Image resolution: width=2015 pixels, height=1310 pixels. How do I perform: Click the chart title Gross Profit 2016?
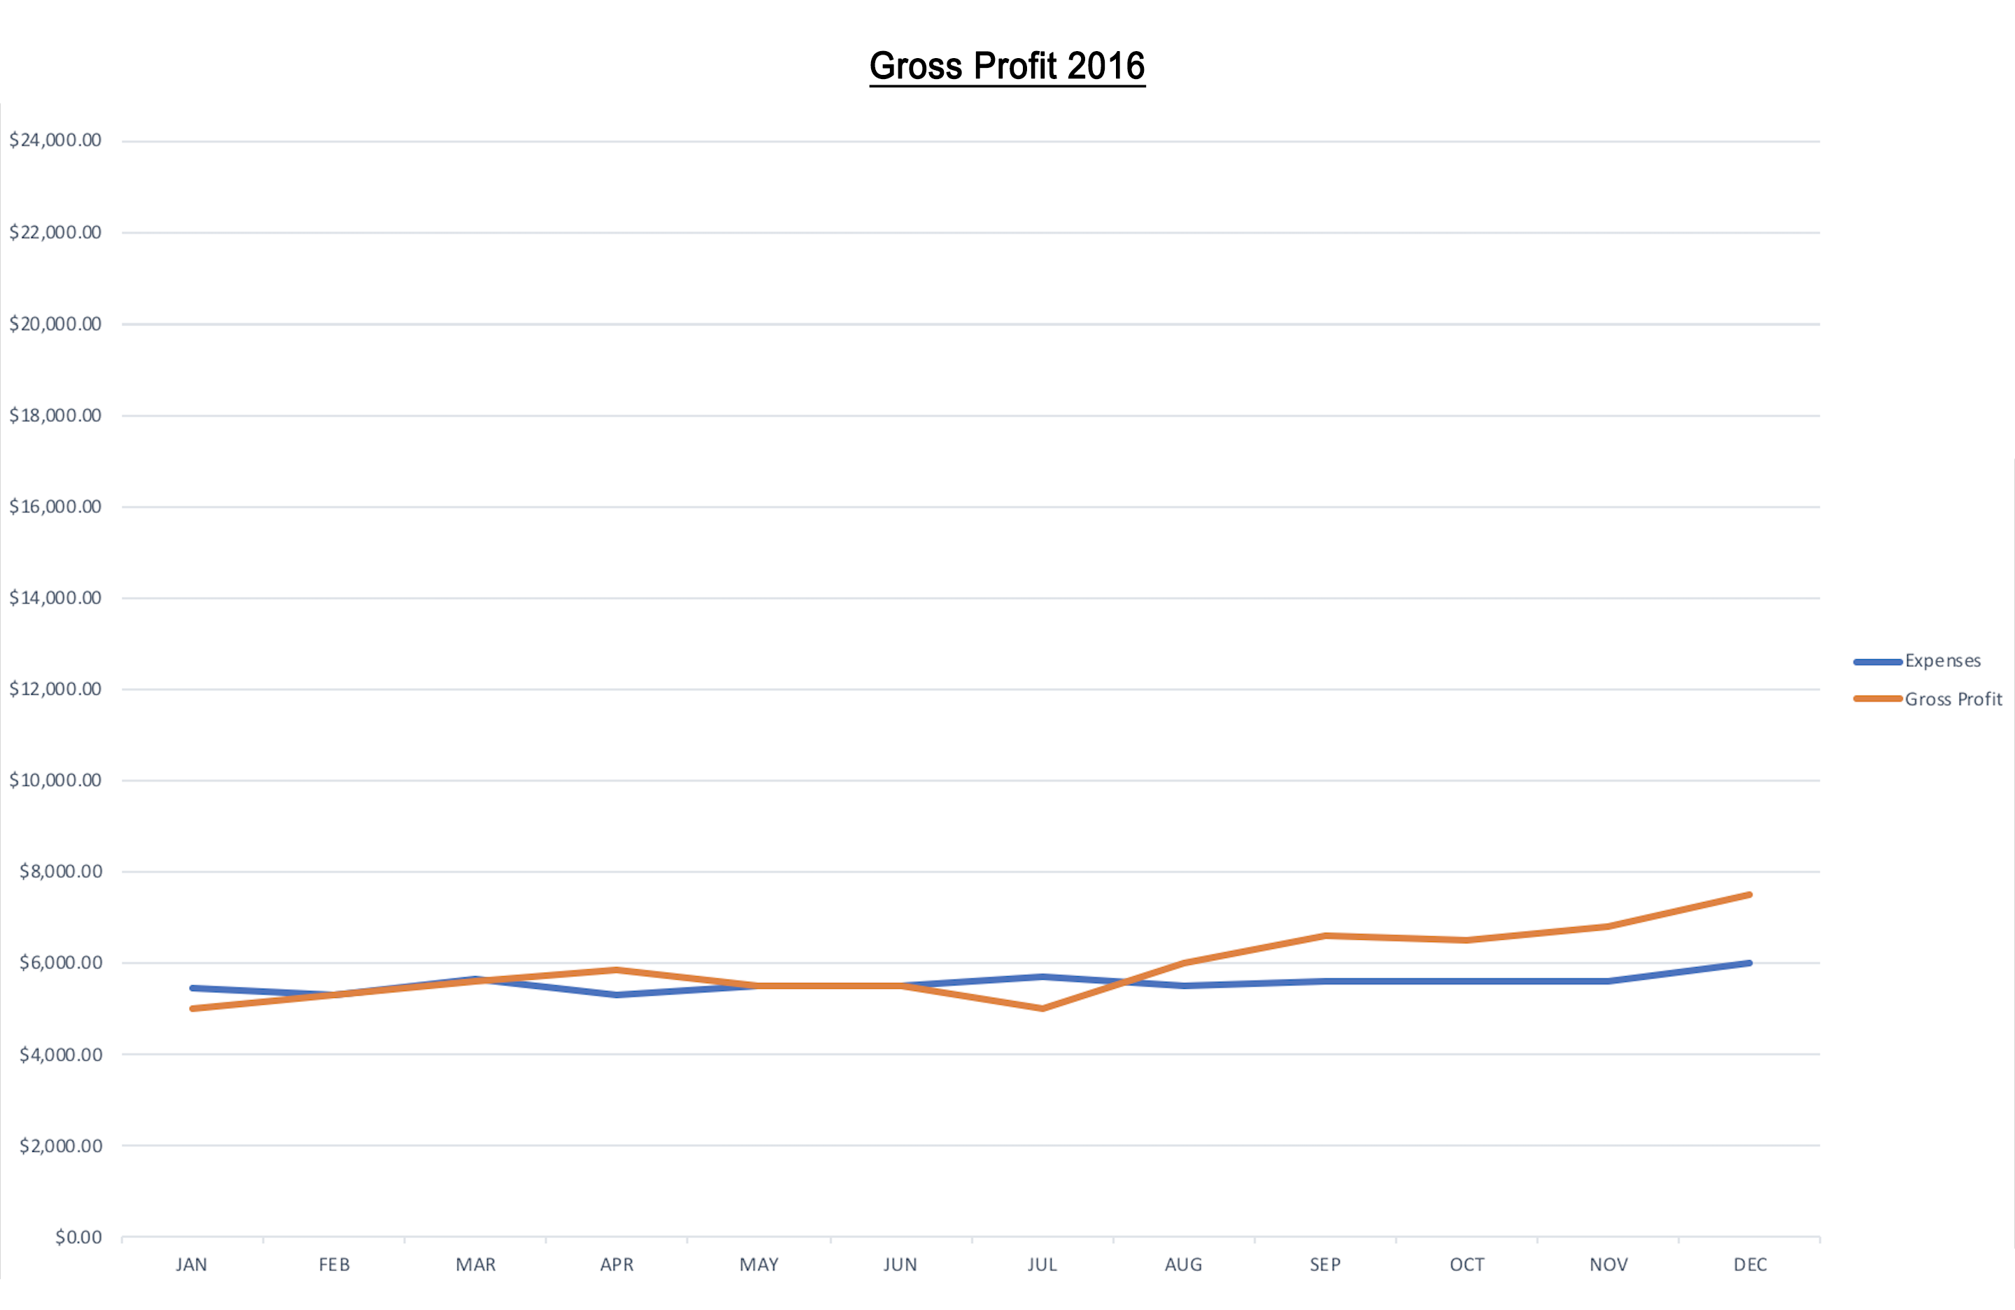[x=1007, y=66]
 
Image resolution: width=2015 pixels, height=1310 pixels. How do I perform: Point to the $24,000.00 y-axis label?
[x=55, y=140]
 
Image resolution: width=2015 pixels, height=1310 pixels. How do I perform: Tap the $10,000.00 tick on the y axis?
[x=55, y=780]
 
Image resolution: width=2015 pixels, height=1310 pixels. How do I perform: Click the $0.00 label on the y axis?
[x=78, y=1237]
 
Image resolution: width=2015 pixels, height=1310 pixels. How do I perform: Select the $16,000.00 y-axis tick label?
[x=55, y=507]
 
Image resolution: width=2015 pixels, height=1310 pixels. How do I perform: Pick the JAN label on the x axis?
[x=191, y=1265]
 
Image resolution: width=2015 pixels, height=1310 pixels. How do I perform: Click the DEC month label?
[x=1750, y=1265]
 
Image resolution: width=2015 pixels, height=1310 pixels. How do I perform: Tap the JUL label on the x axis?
[x=1042, y=1265]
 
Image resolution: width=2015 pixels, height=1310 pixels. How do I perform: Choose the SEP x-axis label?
[x=1325, y=1265]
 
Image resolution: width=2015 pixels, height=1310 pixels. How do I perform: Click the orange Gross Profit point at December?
[x=1749, y=894]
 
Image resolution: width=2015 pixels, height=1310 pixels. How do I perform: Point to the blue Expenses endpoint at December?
[x=1749, y=963]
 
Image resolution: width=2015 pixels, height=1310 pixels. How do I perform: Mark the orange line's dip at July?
[x=1041, y=1008]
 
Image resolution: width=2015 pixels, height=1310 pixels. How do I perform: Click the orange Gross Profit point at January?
[x=193, y=1008]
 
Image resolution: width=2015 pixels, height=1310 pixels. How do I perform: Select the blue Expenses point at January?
[x=193, y=987]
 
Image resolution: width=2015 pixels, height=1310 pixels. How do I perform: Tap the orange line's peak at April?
[x=617, y=970]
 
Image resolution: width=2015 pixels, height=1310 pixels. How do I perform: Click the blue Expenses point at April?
[x=617, y=995]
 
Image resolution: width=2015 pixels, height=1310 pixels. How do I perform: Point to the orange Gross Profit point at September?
[x=1325, y=936]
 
